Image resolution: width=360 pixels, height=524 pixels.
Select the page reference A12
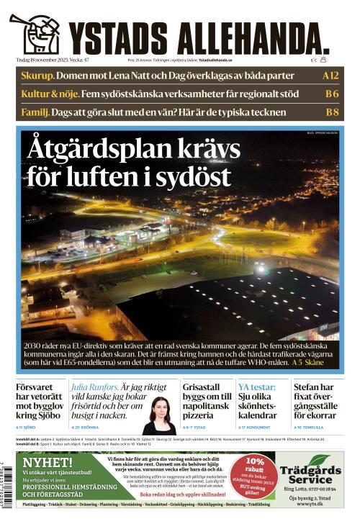coord(330,75)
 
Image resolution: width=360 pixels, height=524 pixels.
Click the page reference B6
coord(331,94)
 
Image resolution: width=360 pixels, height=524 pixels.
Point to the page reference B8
coord(331,112)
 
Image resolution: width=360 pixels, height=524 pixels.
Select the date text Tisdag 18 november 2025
coord(48,60)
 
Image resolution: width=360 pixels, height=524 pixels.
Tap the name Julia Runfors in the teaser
coord(95,387)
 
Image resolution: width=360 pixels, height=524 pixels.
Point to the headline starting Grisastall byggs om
coord(206,401)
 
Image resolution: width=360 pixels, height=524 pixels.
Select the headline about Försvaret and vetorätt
coord(39,401)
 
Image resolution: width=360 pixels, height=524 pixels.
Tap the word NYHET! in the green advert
coord(47,461)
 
